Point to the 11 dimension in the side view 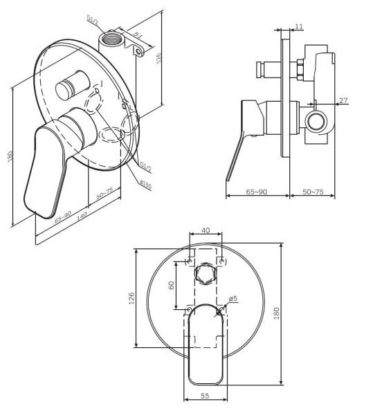click(x=298, y=26)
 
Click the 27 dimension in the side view click(x=343, y=101)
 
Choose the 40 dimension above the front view click(x=205, y=231)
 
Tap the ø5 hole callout click(x=233, y=299)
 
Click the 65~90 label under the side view click(x=256, y=192)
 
